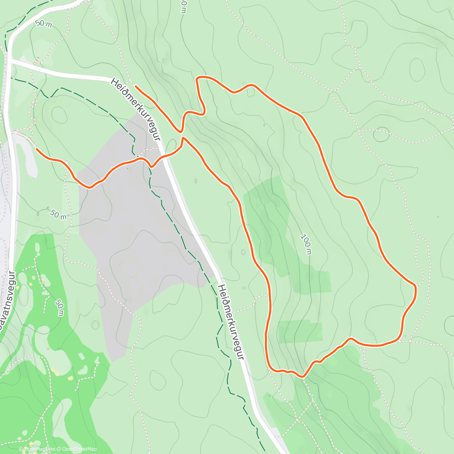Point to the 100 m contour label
306,244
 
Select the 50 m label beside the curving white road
44,24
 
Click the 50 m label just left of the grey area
58,215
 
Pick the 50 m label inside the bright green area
59,308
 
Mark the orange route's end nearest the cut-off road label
37,149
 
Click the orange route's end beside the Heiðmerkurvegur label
136,87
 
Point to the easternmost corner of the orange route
415,288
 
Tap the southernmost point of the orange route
302,376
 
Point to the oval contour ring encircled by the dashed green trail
59,114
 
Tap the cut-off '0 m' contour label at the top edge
183,6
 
